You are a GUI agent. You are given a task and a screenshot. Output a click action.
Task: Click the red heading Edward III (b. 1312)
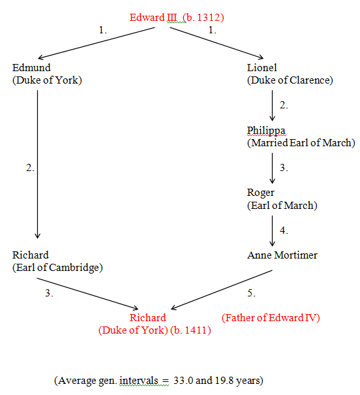coord(177,18)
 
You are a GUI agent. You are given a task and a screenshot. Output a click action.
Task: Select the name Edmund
coord(31,67)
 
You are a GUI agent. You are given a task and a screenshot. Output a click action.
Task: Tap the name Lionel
coord(262,67)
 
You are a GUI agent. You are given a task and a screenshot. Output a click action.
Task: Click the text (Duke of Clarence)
coord(290,80)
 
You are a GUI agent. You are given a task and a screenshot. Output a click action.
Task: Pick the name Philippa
coord(266,131)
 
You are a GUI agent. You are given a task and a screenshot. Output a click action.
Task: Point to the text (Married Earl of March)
coord(301,143)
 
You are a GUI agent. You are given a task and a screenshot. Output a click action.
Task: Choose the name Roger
coord(261,193)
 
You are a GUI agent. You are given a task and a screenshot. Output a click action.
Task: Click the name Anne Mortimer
coord(282,255)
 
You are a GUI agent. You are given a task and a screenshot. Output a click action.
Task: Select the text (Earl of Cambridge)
coord(57,268)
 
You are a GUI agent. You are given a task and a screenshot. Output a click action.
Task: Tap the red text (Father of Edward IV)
coord(271,318)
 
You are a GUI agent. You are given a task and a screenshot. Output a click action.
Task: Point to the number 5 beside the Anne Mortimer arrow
coord(251,293)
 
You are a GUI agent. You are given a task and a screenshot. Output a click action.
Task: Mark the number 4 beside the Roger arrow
coord(284,230)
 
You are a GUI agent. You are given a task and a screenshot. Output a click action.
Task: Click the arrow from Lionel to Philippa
coord(272,106)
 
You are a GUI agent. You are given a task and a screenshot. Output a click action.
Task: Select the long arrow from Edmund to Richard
coord(37,165)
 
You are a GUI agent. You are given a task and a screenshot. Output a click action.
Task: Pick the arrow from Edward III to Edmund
coord(97,43)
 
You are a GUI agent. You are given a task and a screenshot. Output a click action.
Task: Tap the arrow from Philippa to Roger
coord(272,168)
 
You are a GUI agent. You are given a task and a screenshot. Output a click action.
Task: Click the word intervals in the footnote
coord(139,381)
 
